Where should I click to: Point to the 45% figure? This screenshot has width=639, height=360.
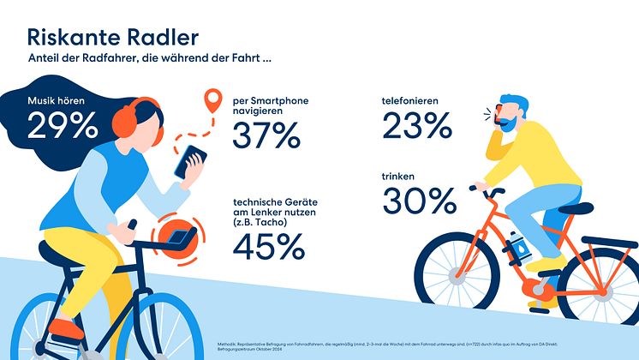pyautogui.click(x=267, y=246)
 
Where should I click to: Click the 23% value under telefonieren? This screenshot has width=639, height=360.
pyautogui.click(x=416, y=127)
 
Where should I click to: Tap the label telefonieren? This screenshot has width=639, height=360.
pyautogui.click(x=410, y=101)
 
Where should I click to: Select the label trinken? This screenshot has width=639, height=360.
pyautogui.click(x=399, y=177)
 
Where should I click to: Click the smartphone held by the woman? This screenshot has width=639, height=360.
pyautogui.click(x=191, y=161)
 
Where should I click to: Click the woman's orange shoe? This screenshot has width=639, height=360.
pyautogui.click(x=65, y=327)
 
